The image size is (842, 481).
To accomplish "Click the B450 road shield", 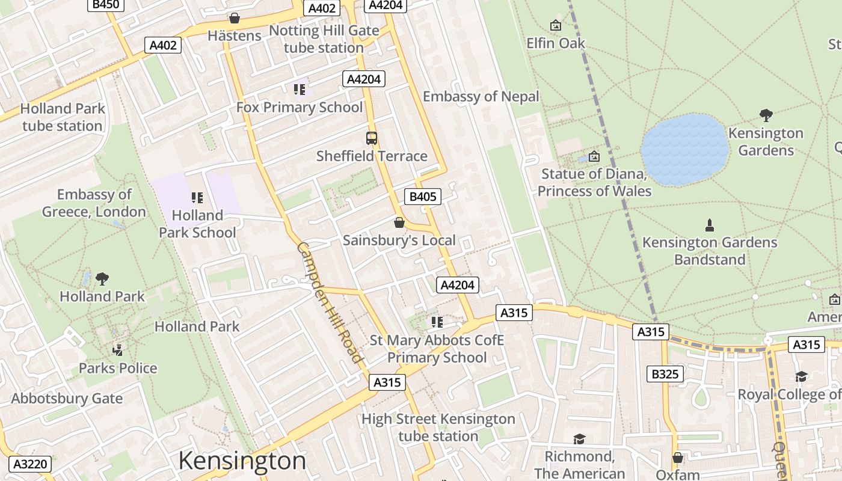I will coord(105,5).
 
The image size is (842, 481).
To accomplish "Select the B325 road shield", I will coord(665,374).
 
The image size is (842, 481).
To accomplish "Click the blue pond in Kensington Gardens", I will coord(684,150).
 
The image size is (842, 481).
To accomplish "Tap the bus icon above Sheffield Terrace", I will coord(372,138).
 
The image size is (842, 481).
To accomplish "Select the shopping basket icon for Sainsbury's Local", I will coord(399,223).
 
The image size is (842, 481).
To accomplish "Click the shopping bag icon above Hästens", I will coord(234,19).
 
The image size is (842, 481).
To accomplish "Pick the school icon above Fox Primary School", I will coord(299,90).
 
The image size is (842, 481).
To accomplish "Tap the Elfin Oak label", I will coord(555,43).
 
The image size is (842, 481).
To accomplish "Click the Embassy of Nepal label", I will coord(481,96).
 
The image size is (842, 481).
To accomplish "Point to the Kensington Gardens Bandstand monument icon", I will coord(710,225).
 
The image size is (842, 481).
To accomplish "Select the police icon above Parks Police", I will coord(118,350).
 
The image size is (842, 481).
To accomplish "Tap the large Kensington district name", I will coord(242,461).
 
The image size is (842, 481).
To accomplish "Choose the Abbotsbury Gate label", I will coord(67,399).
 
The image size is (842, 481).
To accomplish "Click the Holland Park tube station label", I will coord(63,117).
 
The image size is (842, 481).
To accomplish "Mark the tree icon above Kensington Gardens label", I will coord(766,115).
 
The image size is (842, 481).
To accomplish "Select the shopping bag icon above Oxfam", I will coord(678,458).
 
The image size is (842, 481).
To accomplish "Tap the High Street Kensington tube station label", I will coord(438,427).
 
